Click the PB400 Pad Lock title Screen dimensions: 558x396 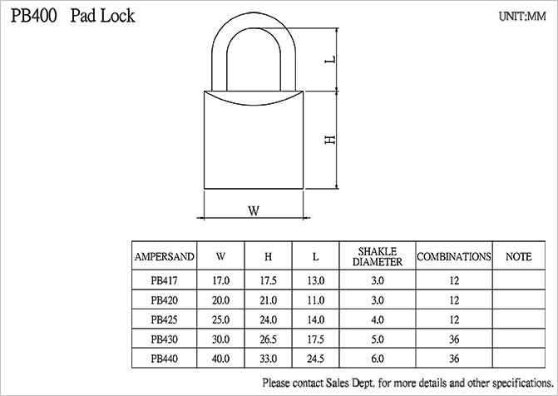coord(73,16)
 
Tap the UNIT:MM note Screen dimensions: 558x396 coord(522,17)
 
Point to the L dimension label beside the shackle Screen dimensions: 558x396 coord(331,59)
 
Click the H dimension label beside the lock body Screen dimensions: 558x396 coord(331,140)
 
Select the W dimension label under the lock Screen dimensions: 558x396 coord(254,210)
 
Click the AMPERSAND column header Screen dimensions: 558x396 coord(164,257)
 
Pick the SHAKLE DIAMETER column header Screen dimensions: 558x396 coord(378,257)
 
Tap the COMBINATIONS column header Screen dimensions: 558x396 coord(454,257)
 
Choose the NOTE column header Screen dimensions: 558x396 coord(518,257)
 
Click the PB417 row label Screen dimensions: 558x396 coord(164,280)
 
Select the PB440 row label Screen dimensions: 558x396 coord(164,359)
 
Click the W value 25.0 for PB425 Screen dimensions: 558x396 coord(220,319)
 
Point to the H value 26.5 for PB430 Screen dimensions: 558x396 coord(269,339)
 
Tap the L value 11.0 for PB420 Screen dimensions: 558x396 coord(316,300)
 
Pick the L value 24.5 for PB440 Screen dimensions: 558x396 coord(316,359)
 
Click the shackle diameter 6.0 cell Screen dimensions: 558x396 coord(378,359)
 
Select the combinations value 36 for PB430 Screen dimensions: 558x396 coord(454,339)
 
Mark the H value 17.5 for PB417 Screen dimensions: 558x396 coord(269,280)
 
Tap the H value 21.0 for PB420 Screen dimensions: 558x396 coord(269,300)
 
